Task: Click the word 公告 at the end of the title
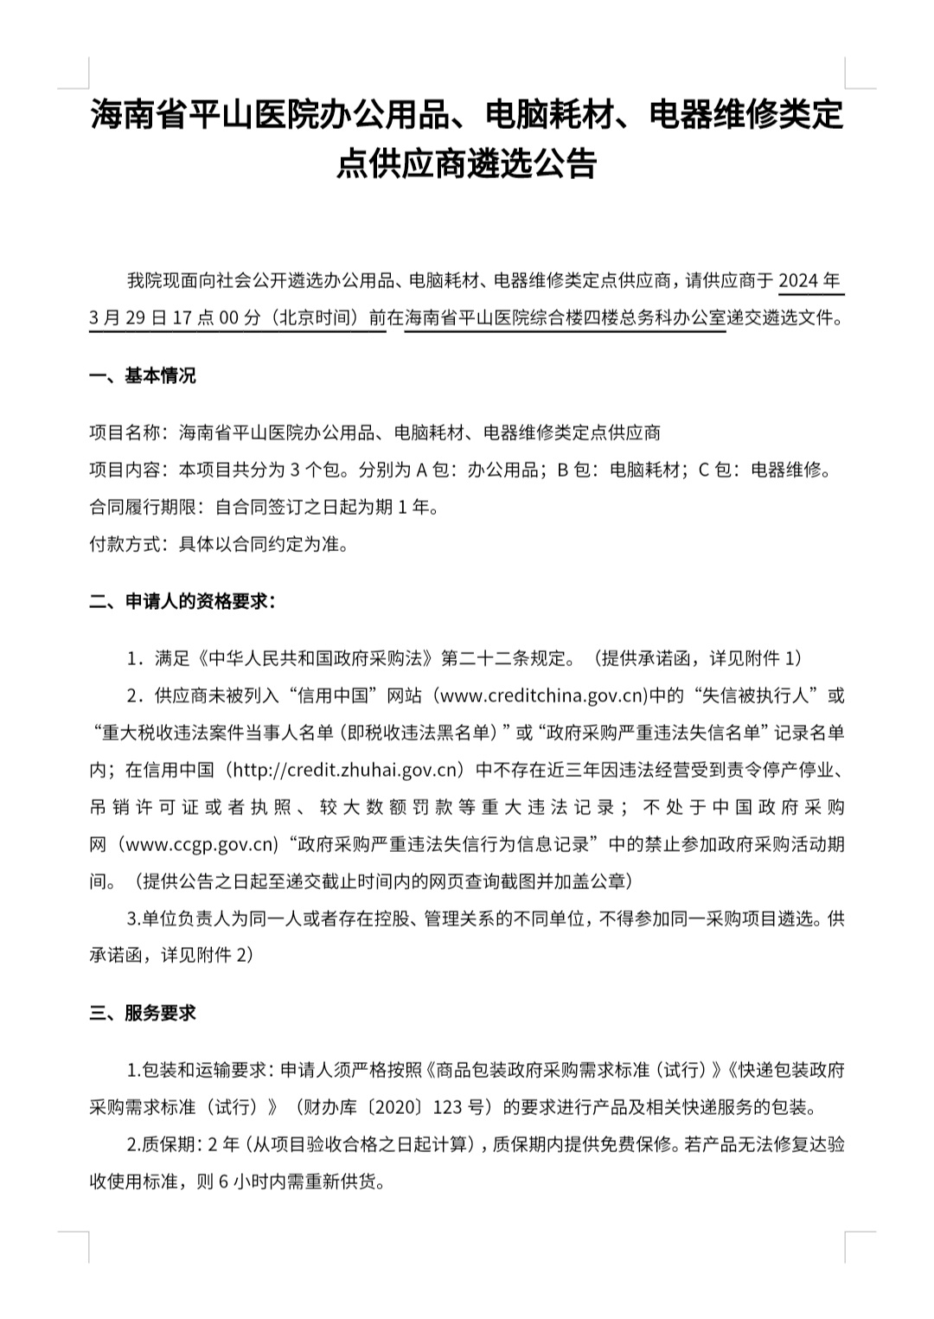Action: coord(569,163)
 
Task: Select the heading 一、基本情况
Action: coord(143,375)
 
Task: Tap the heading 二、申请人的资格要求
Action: coord(182,601)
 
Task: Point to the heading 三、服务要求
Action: coord(143,1013)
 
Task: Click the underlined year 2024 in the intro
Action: coord(799,280)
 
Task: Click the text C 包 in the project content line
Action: coord(716,470)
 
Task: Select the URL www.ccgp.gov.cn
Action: coord(197,844)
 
